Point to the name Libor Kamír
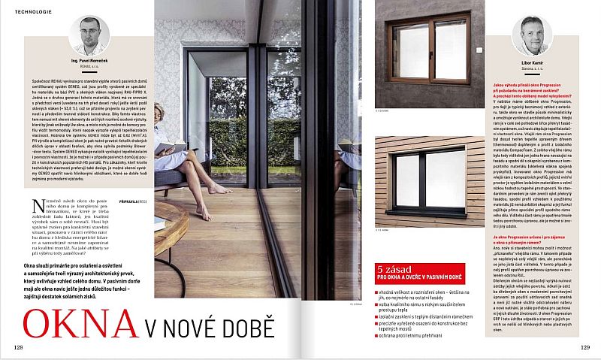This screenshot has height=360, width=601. [532, 62]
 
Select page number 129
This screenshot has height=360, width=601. [584, 346]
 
